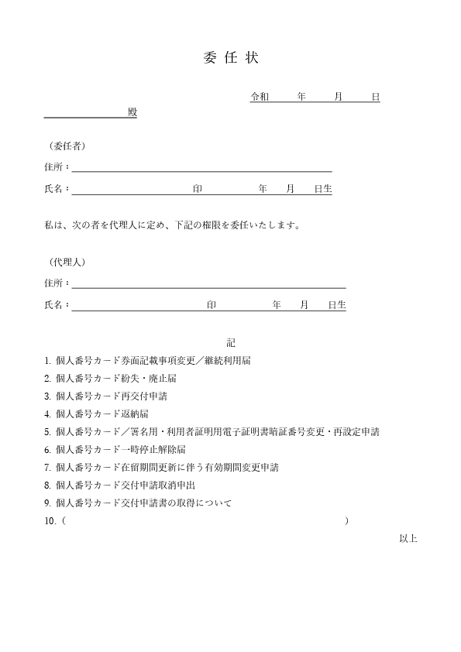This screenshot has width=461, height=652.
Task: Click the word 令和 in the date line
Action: click(260, 97)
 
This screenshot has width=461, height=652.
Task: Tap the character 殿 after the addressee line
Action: click(132, 112)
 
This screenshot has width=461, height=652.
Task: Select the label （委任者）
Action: click(67, 146)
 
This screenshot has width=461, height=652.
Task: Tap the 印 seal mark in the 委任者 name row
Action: click(198, 188)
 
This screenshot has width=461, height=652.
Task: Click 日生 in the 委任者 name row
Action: click(323, 188)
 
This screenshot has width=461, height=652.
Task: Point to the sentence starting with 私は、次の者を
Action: click(172, 225)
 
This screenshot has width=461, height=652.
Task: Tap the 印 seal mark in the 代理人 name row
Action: click(212, 305)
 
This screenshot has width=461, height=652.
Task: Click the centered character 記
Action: click(231, 341)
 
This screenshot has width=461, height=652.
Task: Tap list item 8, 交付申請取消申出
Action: click(119, 485)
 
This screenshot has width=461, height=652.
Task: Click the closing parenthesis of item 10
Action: click(346, 521)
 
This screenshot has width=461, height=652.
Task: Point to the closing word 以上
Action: click(408, 538)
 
